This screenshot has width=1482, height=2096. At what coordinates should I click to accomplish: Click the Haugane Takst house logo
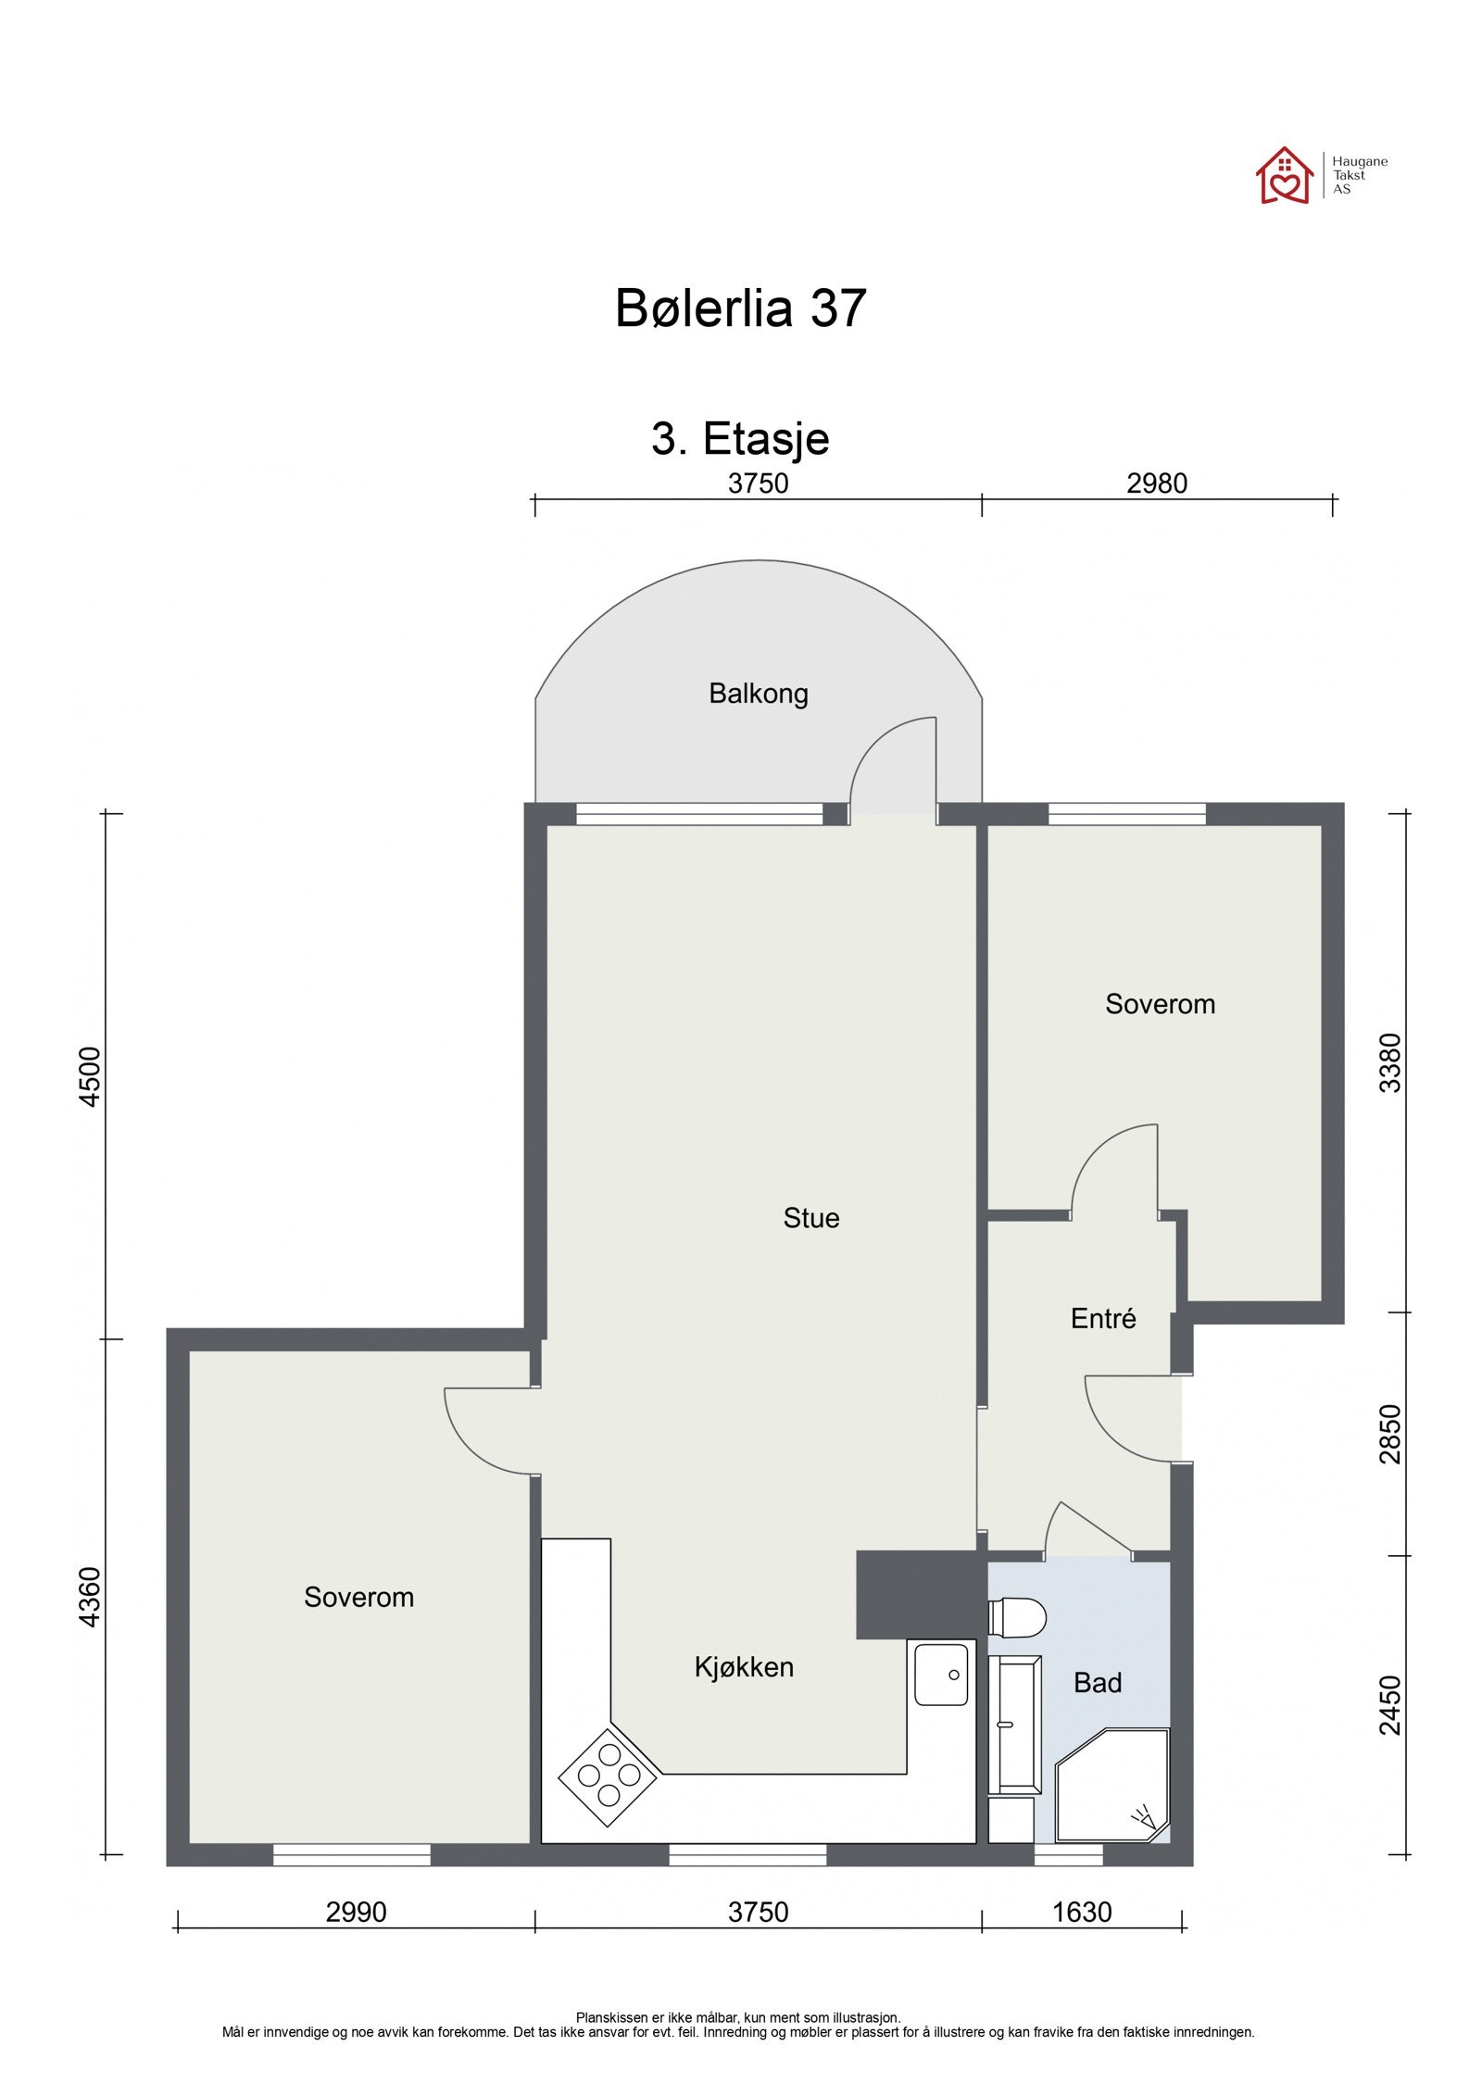[1284, 175]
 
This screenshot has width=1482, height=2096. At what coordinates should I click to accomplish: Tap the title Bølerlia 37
[740, 308]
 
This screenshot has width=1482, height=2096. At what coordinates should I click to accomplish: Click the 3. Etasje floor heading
[740, 438]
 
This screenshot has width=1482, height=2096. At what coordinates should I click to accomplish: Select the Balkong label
[758, 694]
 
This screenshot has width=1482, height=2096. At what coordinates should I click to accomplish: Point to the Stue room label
[810, 1218]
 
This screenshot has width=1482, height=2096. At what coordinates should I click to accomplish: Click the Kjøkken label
[744, 1667]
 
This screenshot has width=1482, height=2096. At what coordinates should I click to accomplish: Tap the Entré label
[1102, 1319]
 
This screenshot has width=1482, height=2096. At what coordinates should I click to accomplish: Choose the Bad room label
[1097, 1683]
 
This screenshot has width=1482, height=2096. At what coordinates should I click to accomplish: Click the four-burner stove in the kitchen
[608, 1776]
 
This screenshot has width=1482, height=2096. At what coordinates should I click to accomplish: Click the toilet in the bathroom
[1017, 1618]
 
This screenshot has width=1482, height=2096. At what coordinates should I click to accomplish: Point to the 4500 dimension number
[90, 1076]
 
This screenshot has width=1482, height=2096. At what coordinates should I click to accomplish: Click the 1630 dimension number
[1081, 1913]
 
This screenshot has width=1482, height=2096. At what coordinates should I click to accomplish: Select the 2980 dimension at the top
[1156, 483]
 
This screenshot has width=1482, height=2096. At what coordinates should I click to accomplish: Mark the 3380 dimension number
[1390, 1063]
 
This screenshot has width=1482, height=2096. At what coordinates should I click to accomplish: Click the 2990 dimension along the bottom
[356, 1913]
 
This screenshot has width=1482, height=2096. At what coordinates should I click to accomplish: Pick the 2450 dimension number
[1390, 1705]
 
